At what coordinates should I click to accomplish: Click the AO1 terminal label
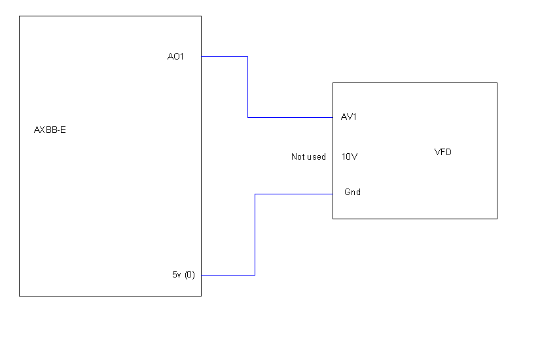(x=175, y=57)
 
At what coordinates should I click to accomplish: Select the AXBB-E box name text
(x=50, y=130)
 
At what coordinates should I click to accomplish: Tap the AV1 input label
(x=349, y=117)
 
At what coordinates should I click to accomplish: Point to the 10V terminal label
(x=350, y=157)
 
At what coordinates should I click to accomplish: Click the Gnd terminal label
(x=352, y=192)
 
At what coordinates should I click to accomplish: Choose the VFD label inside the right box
(x=443, y=153)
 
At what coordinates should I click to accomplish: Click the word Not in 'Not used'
(x=298, y=157)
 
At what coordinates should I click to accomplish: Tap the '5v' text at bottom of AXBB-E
(x=177, y=275)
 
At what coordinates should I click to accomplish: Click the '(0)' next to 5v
(x=189, y=275)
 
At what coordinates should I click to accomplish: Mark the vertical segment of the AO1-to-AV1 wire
(x=247, y=87)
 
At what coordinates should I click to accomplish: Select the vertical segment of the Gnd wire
(x=255, y=234)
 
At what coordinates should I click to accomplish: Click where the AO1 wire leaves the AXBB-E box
(x=202, y=57)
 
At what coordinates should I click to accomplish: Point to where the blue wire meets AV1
(x=333, y=118)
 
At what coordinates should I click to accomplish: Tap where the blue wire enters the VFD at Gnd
(x=333, y=194)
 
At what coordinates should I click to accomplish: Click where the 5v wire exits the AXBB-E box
(x=202, y=275)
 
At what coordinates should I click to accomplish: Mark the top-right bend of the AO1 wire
(x=247, y=57)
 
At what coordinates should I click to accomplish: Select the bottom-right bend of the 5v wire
(x=255, y=275)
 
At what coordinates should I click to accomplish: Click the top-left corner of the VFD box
(x=333, y=83)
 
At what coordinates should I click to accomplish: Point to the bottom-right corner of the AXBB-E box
(x=201, y=296)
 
